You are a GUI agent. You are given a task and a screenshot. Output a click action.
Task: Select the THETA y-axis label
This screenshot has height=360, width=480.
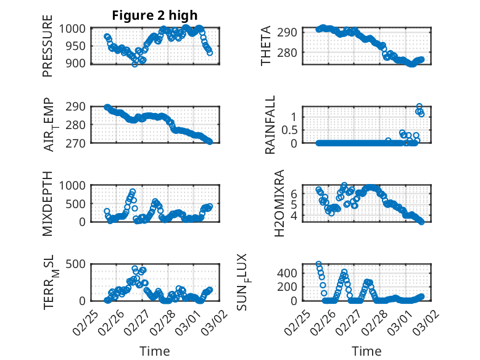coord(266,46)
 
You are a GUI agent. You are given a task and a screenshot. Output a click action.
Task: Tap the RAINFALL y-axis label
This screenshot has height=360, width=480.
coord(270,125)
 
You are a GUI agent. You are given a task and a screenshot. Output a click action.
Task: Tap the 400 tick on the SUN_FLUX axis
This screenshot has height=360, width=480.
coord(291,272)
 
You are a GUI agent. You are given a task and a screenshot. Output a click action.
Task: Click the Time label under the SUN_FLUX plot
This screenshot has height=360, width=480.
coord(366,351)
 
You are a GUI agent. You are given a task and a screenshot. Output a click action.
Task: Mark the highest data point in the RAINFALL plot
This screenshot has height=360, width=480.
coord(420,107)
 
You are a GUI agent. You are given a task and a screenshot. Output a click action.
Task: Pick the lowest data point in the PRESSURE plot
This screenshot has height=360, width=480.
coord(134,64)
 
